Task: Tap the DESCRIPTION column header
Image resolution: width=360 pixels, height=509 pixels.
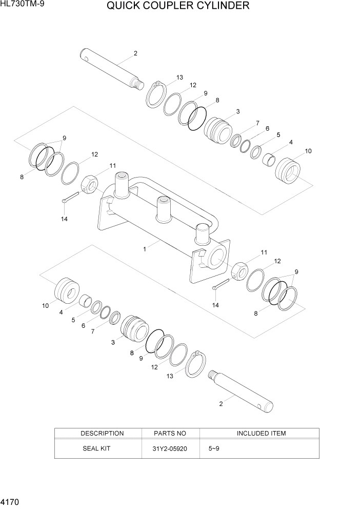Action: pyautogui.click(x=102, y=434)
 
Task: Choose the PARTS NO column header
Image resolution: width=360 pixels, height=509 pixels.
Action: pyautogui.click(x=170, y=434)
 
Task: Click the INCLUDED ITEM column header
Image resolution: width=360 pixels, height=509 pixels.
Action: pyautogui.click(x=261, y=434)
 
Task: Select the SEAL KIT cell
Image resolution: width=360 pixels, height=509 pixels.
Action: pyautogui.click(x=96, y=448)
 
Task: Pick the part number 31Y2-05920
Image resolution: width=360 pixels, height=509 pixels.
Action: pyautogui.click(x=170, y=448)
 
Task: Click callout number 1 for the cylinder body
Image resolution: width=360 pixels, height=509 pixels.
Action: pyautogui.click(x=145, y=249)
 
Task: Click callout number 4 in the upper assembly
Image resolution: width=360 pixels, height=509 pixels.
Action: pyautogui.click(x=291, y=142)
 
